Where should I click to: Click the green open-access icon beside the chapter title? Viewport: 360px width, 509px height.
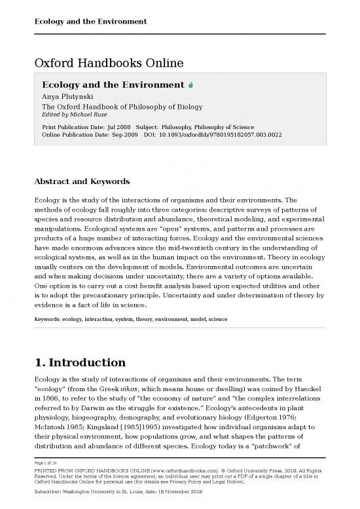(x=190, y=86)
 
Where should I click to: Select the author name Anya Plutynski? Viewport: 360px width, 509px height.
(x=69, y=97)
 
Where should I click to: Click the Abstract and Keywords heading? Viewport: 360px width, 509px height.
(x=82, y=181)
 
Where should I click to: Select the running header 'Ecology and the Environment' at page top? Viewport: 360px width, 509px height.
(x=90, y=22)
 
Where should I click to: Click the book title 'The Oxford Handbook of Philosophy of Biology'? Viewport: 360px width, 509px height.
(x=122, y=106)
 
